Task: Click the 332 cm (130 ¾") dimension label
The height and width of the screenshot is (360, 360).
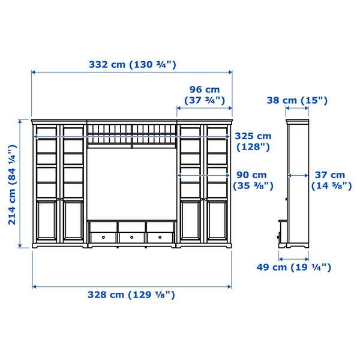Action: [132, 65]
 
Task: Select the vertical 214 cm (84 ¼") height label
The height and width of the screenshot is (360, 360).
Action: [12, 183]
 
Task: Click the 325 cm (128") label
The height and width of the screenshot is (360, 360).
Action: [253, 141]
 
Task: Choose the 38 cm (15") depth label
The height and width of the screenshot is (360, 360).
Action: [297, 100]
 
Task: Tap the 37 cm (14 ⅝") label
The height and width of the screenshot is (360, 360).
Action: [331, 180]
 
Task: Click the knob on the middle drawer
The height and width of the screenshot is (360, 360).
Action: [132, 237]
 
